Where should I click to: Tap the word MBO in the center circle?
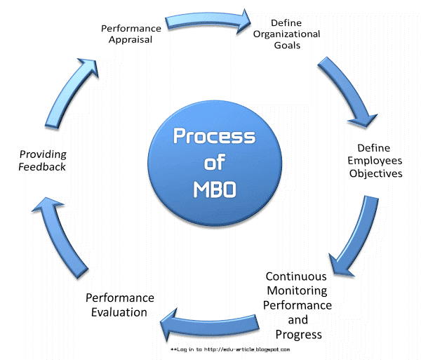(210, 189)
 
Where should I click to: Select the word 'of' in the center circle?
(210, 163)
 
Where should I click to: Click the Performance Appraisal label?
(131, 34)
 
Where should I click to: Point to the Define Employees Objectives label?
(375, 161)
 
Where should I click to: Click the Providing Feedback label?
(43, 160)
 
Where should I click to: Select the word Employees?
(375, 161)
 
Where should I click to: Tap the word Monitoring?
(298, 291)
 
